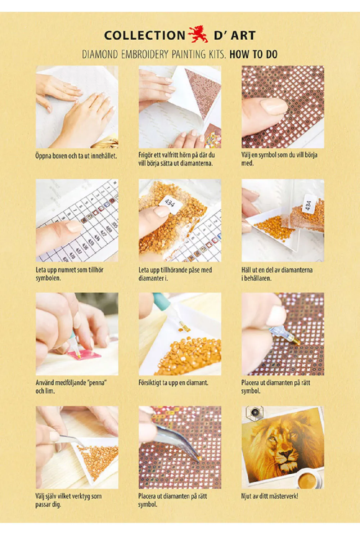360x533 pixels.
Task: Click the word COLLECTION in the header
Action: point(145,35)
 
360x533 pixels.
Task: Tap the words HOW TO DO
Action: point(253,54)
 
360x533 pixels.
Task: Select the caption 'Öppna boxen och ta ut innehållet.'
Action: point(76,156)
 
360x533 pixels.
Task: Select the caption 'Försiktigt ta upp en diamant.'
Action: point(174,382)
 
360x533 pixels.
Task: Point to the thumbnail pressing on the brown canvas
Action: point(274,106)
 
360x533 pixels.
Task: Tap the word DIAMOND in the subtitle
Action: point(100,54)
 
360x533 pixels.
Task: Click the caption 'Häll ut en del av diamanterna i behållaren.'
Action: point(277,274)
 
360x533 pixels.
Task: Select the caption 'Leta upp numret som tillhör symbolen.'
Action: point(69,274)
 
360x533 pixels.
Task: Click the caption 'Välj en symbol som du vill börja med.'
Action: point(279,159)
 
